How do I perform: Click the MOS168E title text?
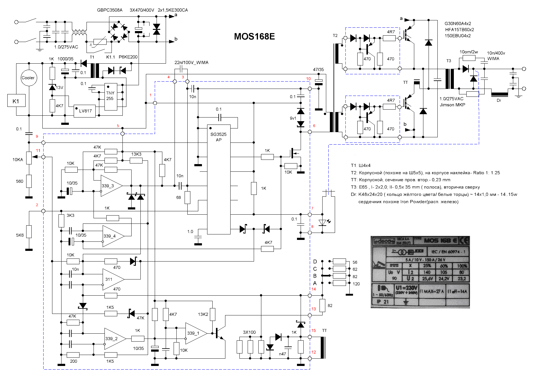click(x=254, y=37)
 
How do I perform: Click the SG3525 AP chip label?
click(x=218, y=137)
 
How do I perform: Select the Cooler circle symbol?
click(x=29, y=78)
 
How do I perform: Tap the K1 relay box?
click(x=16, y=101)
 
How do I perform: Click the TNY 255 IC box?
click(x=110, y=96)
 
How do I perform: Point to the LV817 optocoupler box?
click(x=85, y=111)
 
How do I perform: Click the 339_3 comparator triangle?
click(x=110, y=186)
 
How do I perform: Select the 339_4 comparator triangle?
click(x=112, y=236)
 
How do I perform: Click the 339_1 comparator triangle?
click(x=195, y=333)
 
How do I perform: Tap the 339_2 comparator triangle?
click(x=113, y=339)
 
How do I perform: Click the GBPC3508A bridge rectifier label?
click(x=110, y=10)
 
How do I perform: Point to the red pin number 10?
click(x=308, y=79)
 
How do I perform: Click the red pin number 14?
click(x=313, y=289)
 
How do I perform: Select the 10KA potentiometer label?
click(x=18, y=160)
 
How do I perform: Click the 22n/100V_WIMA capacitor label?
click(x=191, y=63)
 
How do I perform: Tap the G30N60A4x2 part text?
click(x=458, y=23)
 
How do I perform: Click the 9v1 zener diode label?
click(x=293, y=118)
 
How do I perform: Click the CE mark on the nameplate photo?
click(x=464, y=241)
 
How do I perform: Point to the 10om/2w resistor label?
click(x=468, y=52)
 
